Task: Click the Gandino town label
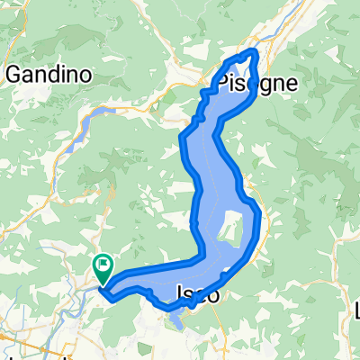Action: pyautogui.click(x=49, y=75)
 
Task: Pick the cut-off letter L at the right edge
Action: pyautogui.click(x=357, y=311)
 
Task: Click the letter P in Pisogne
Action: pyautogui.click(x=219, y=83)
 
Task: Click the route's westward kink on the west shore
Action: pyautogui.click(x=183, y=138)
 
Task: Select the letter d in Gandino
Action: pyautogui.click(x=60, y=75)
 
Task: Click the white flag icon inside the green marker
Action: pyautogui.click(x=103, y=263)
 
